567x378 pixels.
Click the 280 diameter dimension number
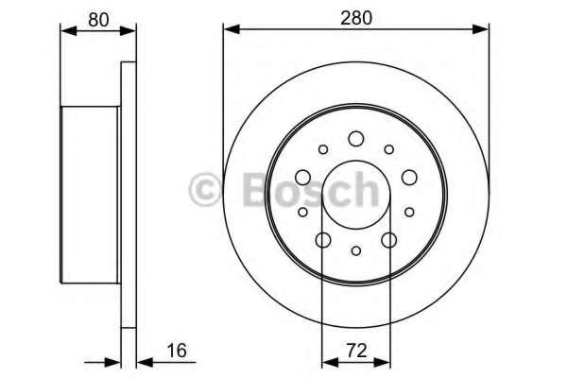click(356, 18)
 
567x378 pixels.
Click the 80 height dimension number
click(98, 20)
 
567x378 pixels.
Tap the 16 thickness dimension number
click(178, 351)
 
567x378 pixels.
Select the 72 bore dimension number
click(356, 351)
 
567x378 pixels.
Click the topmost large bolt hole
click(356, 139)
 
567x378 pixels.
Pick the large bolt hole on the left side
click(302, 178)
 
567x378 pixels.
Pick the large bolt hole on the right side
click(409, 178)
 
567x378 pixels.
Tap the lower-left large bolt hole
click(323, 240)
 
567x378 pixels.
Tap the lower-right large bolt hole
click(389, 240)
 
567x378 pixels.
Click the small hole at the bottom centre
click(356, 250)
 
